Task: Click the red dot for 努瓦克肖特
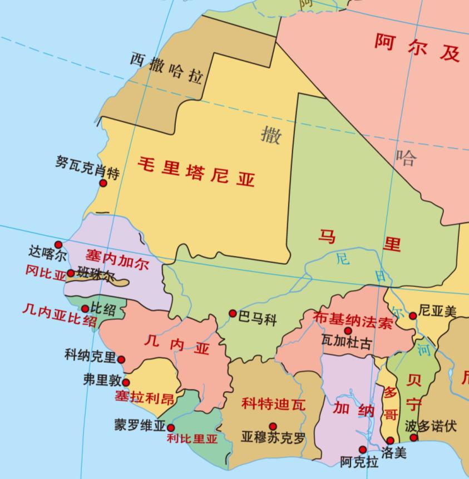coord(103,182)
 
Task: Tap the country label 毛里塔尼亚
coord(196,171)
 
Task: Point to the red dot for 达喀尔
coord(58,245)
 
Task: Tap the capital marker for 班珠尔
coord(71,273)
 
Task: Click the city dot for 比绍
coord(85,309)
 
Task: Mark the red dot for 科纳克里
coord(121,359)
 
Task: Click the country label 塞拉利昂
coord(144,397)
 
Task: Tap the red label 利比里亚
coord(192,438)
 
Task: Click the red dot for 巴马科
coord(233,313)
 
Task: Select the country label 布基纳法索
coord(353,319)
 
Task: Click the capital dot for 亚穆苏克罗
coord(273,426)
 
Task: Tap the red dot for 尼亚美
coord(413,315)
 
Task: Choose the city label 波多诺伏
coord(431,426)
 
